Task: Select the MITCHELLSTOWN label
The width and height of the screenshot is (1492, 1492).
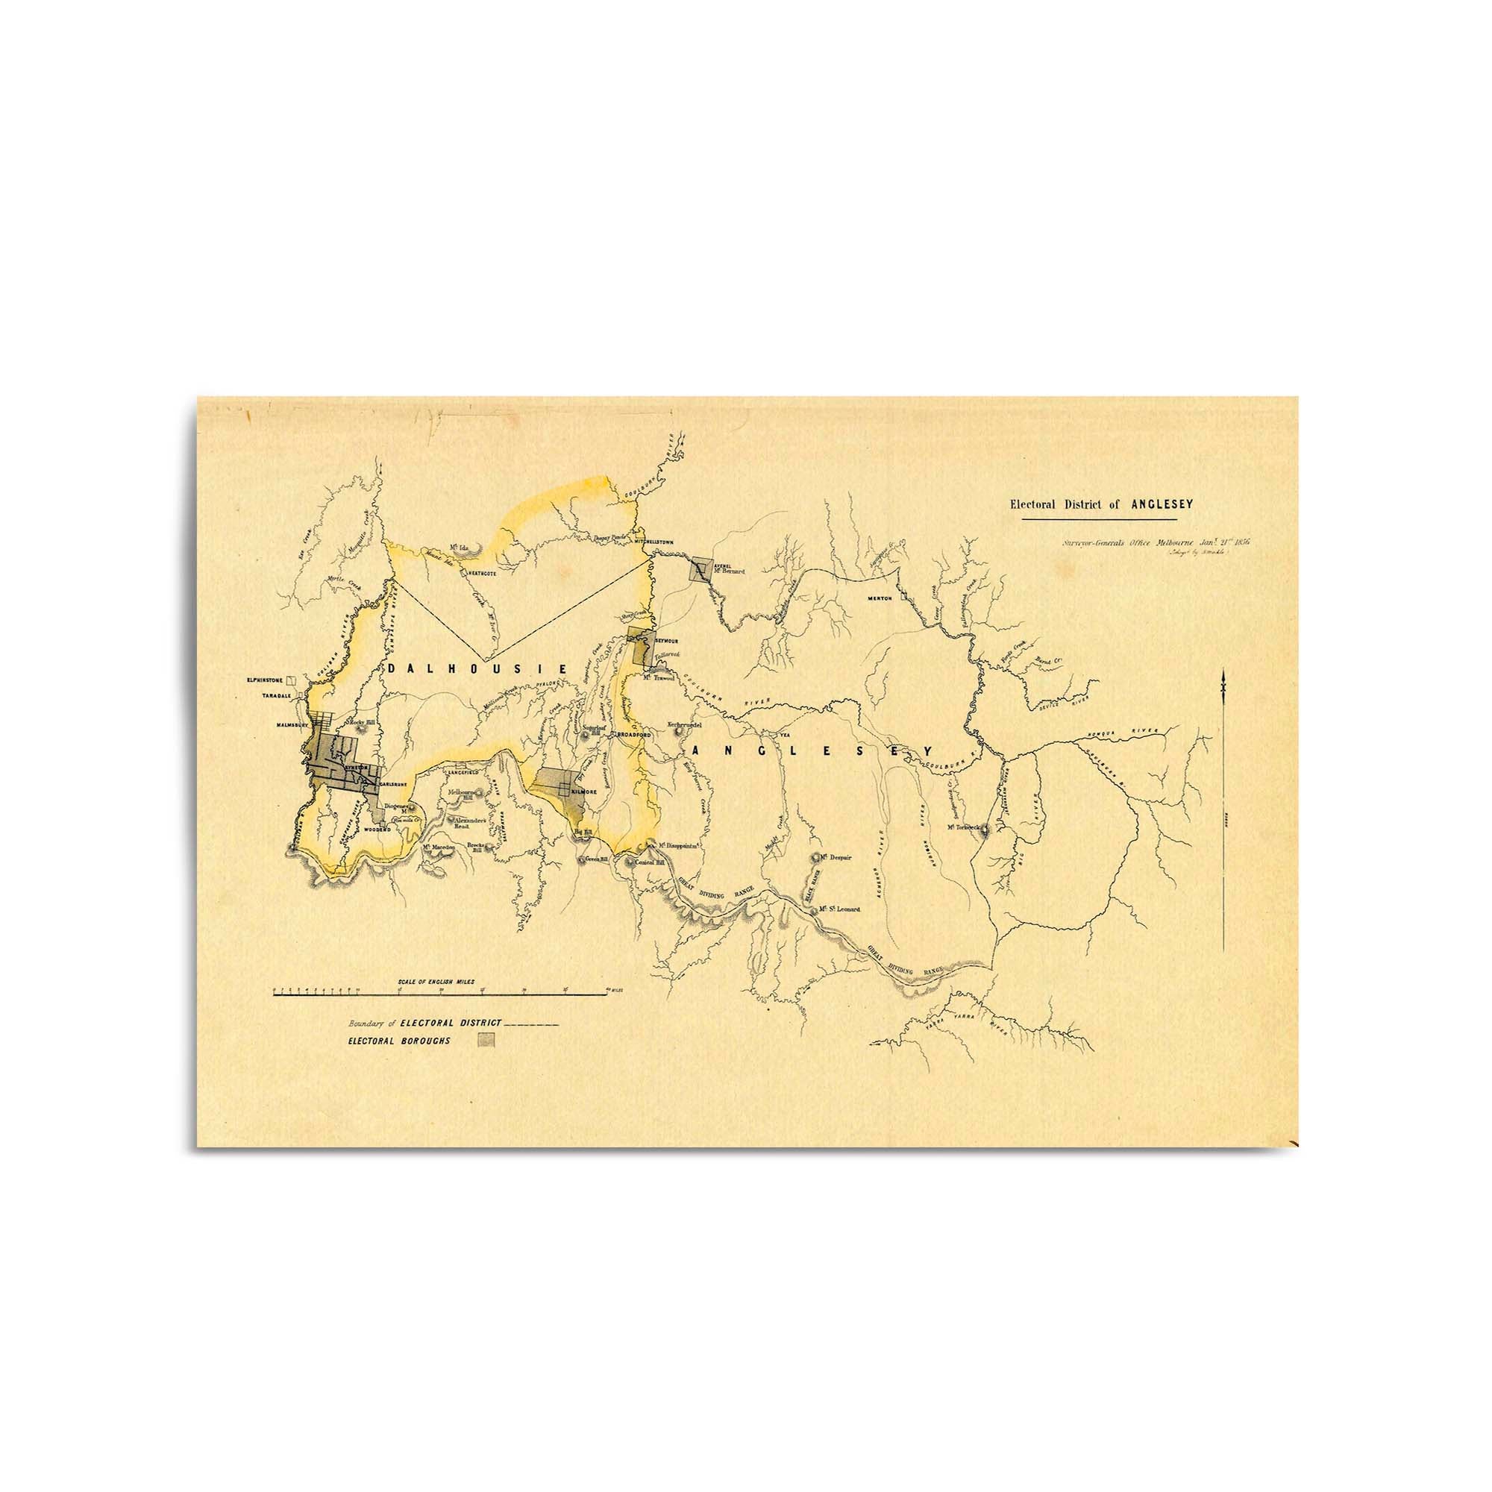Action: click(653, 542)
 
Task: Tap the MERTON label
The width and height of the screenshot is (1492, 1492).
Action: click(880, 598)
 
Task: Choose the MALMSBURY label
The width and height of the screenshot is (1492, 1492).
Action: click(293, 726)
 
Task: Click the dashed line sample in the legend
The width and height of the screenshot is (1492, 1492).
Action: click(530, 1024)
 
